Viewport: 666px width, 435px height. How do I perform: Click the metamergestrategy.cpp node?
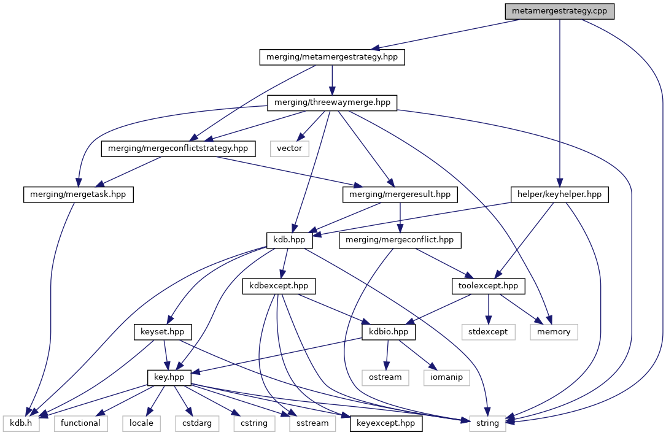(x=559, y=12)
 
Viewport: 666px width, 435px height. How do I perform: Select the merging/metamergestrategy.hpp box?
(x=332, y=57)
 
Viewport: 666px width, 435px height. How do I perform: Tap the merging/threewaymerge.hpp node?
(x=332, y=102)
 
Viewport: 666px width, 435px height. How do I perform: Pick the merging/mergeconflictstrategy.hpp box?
(x=178, y=148)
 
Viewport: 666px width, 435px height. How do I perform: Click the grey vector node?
(x=290, y=148)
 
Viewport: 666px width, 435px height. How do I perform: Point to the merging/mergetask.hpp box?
(x=79, y=194)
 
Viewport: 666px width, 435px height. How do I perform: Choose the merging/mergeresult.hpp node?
(x=400, y=194)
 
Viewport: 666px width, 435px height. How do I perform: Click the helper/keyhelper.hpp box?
(x=559, y=194)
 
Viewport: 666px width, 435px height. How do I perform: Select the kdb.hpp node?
(x=290, y=240)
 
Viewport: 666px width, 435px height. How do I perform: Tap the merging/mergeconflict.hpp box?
(x=400, y=240)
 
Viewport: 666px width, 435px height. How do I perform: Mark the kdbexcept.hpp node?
(x=279, y=285)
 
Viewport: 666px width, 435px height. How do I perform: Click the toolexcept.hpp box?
(x=489, y=285)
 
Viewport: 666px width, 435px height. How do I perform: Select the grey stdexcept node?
(x=489, y=331)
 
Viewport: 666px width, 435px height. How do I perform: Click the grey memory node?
(x=554, y=331)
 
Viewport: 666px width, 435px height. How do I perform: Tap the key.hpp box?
(x=167, y=377)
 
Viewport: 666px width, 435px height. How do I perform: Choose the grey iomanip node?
(x=446, y=377)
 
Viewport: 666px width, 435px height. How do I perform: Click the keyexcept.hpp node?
(x=385, y=423)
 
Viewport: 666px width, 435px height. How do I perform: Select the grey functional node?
(x=80, y=423)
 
